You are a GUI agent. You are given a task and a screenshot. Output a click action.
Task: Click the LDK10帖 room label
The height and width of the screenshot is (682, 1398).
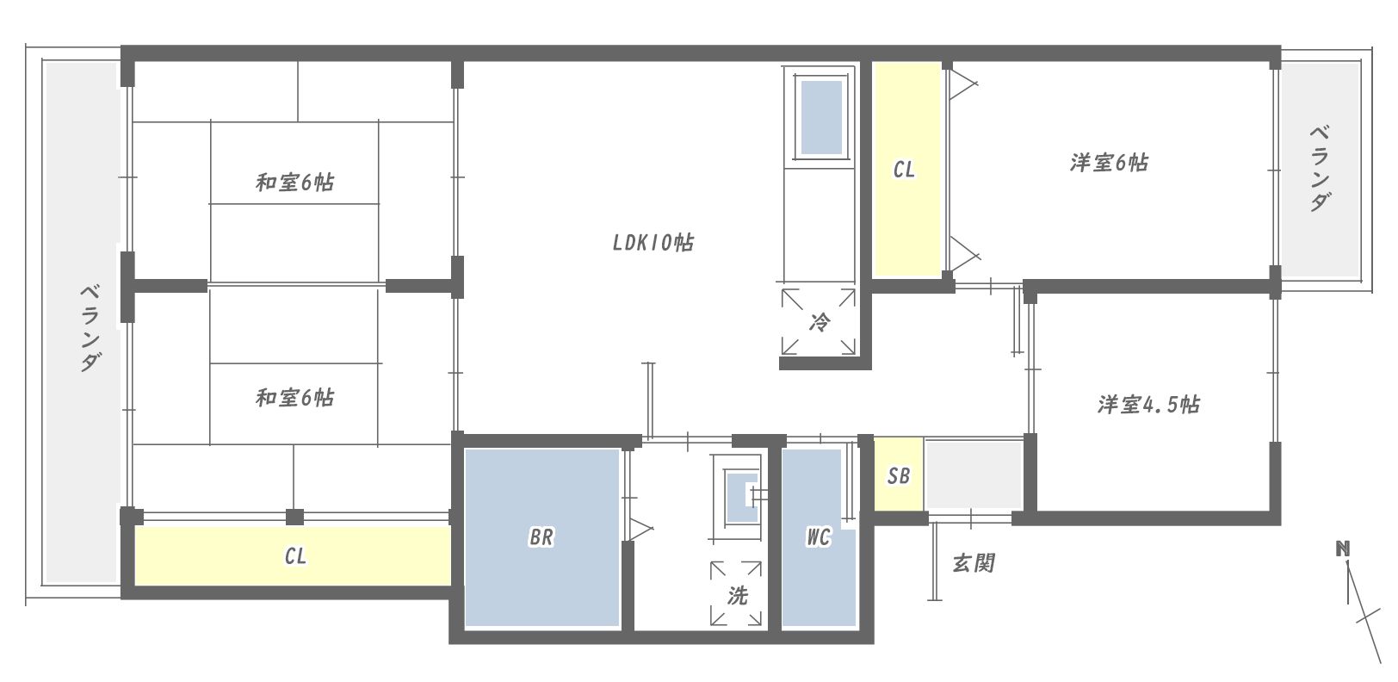coord(653,243)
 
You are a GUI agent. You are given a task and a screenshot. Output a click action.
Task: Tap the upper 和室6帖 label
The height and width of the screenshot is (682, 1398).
coord(294,183)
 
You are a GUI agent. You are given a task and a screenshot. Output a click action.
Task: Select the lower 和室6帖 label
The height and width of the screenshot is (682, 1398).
coord(294,398)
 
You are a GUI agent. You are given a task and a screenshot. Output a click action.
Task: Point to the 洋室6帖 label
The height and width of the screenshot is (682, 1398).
coord(1109,163)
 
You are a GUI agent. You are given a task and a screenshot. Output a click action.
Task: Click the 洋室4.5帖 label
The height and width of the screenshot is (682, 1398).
coord(1148,405)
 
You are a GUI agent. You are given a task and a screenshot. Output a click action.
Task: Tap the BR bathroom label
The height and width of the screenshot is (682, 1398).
coord(541,538)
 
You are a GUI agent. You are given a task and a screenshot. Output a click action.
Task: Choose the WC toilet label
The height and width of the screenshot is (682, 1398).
coord(819,538)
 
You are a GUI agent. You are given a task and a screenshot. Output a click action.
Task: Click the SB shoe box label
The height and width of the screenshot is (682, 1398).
coord(899,475)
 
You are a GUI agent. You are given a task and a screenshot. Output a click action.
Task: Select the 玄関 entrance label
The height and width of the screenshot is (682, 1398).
coord(974,563)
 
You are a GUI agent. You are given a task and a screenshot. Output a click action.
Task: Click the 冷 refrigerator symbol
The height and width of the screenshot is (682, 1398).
coord(820,322)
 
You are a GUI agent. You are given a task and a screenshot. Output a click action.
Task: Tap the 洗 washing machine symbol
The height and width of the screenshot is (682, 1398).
coord(737,594)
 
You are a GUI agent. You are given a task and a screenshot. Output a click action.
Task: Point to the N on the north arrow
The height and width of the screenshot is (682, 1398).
coord(1342,549)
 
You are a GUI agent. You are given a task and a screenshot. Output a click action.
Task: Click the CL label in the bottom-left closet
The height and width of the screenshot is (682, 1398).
coord(295,557)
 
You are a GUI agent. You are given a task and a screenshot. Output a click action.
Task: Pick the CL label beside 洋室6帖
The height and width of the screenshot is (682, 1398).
coord(904,170)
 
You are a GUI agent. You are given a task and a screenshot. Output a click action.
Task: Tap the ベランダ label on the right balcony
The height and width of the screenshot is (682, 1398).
coord(1318,169)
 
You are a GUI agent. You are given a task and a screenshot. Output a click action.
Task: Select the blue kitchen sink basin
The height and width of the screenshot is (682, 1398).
coord(821,117)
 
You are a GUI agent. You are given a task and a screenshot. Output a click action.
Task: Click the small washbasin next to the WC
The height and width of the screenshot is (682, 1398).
coord(740,498)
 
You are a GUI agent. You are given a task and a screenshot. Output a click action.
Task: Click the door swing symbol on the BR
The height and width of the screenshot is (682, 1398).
coord(640,527)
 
